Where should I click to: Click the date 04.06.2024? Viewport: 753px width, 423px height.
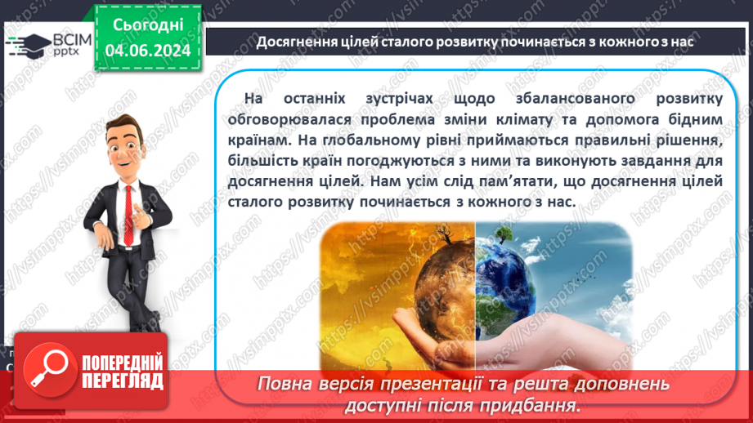[x=148, y=51]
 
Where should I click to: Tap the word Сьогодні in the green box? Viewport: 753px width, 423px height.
[x=148, y=25]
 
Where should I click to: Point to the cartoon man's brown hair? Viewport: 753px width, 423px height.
[x=126, y=125]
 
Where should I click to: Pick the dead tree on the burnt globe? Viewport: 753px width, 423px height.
[x=444, y=236]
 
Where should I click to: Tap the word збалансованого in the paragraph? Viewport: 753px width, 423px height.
[x=576, y=98]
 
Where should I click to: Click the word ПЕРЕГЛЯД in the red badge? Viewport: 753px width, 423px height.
[x=123, y=381]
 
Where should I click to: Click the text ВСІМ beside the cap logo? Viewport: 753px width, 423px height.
[x=72, y=39]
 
